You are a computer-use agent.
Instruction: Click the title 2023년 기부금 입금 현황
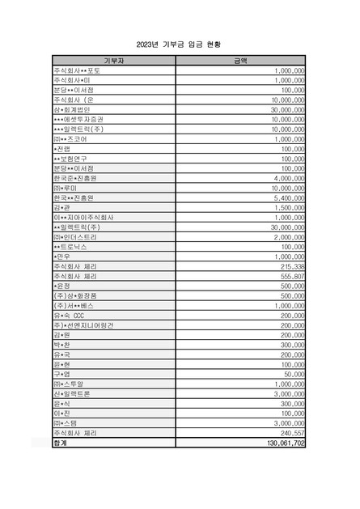coord(180,45)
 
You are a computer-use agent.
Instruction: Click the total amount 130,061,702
coord(282,444)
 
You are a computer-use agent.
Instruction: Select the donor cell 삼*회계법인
coord(72,109)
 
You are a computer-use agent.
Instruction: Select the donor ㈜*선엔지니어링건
coord(81,324)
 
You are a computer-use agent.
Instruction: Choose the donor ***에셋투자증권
coord(81,119)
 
